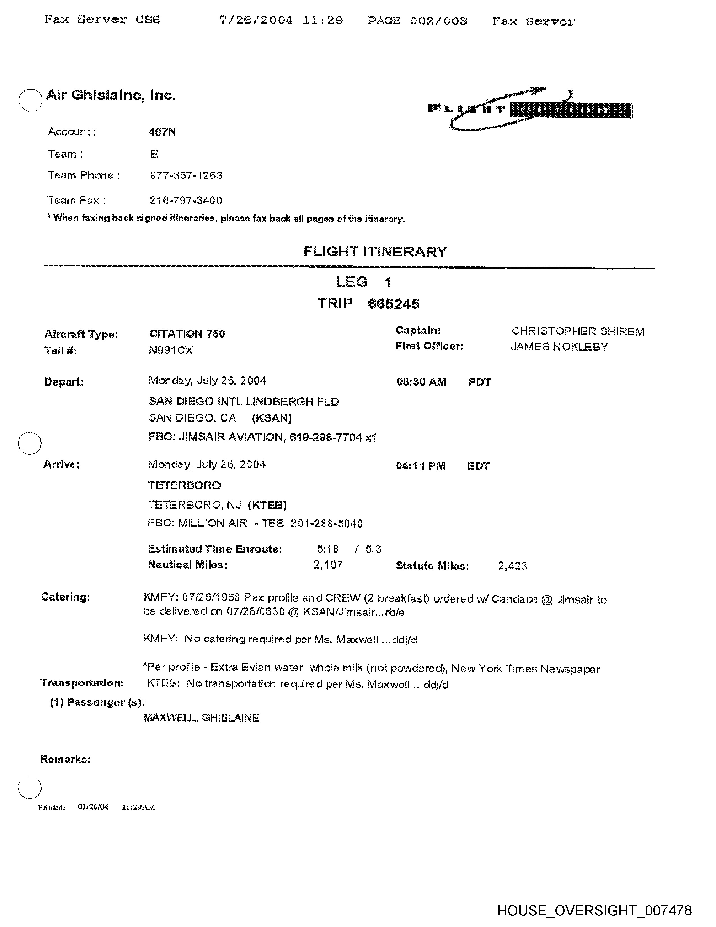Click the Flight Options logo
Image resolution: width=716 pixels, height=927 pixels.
point(530,110)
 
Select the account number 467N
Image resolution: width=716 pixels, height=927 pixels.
point(162,132)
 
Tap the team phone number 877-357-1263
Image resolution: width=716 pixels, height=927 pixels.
point(186,176)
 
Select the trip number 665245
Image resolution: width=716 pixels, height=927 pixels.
point(394,304)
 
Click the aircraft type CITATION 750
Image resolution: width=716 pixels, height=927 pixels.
point(187,334)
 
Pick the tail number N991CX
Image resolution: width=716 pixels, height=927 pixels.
point(171,351)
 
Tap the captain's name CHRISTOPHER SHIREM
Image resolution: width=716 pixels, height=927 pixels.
point(578,331)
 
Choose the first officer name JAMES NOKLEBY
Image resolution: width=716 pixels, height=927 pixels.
point(559,347)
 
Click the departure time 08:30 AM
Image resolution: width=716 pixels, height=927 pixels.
point(421,382)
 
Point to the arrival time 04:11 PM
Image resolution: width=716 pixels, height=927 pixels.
point(420,466)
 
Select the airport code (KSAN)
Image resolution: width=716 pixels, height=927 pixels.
point(272,419)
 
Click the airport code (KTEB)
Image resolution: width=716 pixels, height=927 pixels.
point(267,505)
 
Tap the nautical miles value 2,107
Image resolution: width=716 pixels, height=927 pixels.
point(328,565)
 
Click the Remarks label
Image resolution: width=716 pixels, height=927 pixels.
point(65,759)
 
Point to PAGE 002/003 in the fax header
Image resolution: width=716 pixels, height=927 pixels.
point(417,21)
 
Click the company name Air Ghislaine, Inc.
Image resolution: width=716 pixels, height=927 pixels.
point(110,96)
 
